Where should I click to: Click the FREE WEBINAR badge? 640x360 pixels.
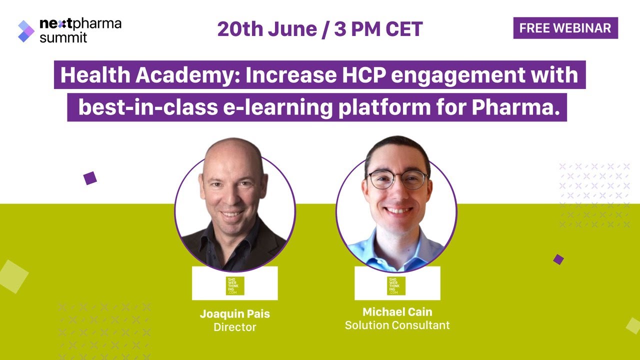coord(565,28)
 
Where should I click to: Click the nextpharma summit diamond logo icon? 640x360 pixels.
coord(26,31)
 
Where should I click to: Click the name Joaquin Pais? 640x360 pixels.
coord(235,314)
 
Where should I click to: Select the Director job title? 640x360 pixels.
coord(235,327)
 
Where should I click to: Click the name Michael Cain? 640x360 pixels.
coord(397,312)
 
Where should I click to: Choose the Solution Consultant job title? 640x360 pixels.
coord(397,325)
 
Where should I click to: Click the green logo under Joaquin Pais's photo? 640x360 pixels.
coord(235,285)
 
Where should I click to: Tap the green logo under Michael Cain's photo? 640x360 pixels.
coord(396,285)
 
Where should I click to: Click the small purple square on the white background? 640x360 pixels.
coord(90,178)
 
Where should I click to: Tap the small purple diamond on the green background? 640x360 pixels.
coord(558,259)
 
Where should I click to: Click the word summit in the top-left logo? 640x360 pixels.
coord(63,37)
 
